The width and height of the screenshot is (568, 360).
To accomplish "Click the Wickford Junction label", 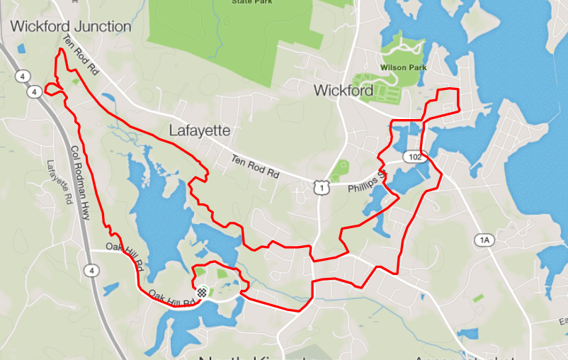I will pyautogui.click(x=71, y=27).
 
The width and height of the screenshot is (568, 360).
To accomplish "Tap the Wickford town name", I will pyautogui.click(x=343, y=91).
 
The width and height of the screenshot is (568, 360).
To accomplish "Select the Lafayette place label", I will pyautogui.click(x=200, y=131).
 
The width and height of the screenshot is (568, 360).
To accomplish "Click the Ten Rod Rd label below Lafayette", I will pyautogui.click(x=256, y=167).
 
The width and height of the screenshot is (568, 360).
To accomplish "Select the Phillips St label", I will pyautogui.click(x=366, y=182).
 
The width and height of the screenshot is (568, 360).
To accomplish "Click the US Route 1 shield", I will pyautogui.click(x=322, y=188).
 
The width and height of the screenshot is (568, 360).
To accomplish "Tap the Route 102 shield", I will pyautogui.click(x=413, y=157).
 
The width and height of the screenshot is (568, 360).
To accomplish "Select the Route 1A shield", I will pyautogui.click(x=484, y=241).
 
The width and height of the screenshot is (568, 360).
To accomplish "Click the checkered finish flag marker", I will pyautogui.click(x=202, y=291).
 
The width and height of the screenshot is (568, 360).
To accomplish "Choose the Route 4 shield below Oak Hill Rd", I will pyautogui.click(x=91, y=270).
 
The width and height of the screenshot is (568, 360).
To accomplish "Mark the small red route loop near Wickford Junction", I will pyautogui.click(x=52, y=89).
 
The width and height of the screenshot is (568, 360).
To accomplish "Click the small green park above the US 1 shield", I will pyautogui.click(x=340, y=169).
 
